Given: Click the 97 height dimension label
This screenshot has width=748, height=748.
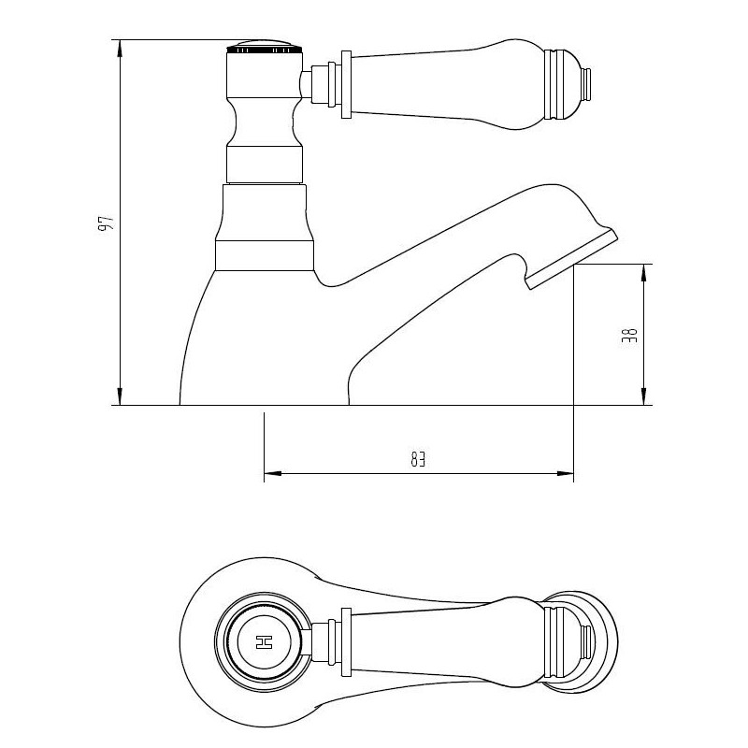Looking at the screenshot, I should (x=108, y=223).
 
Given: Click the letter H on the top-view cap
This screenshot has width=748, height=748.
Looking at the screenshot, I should (x=264, y=642).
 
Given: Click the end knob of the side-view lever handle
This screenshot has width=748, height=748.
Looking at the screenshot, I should (x=588, y=83).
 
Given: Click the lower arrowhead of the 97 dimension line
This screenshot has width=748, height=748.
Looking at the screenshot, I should (x=120, y=396).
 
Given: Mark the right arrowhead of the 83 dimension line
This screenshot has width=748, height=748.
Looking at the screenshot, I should (x=565, y=475).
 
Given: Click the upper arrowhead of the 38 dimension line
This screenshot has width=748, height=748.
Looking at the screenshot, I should (x=643, y=273).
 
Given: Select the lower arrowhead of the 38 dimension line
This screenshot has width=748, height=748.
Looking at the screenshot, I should (x=643, y=396).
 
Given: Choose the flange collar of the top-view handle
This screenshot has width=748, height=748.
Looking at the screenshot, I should (x=345, y=642).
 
